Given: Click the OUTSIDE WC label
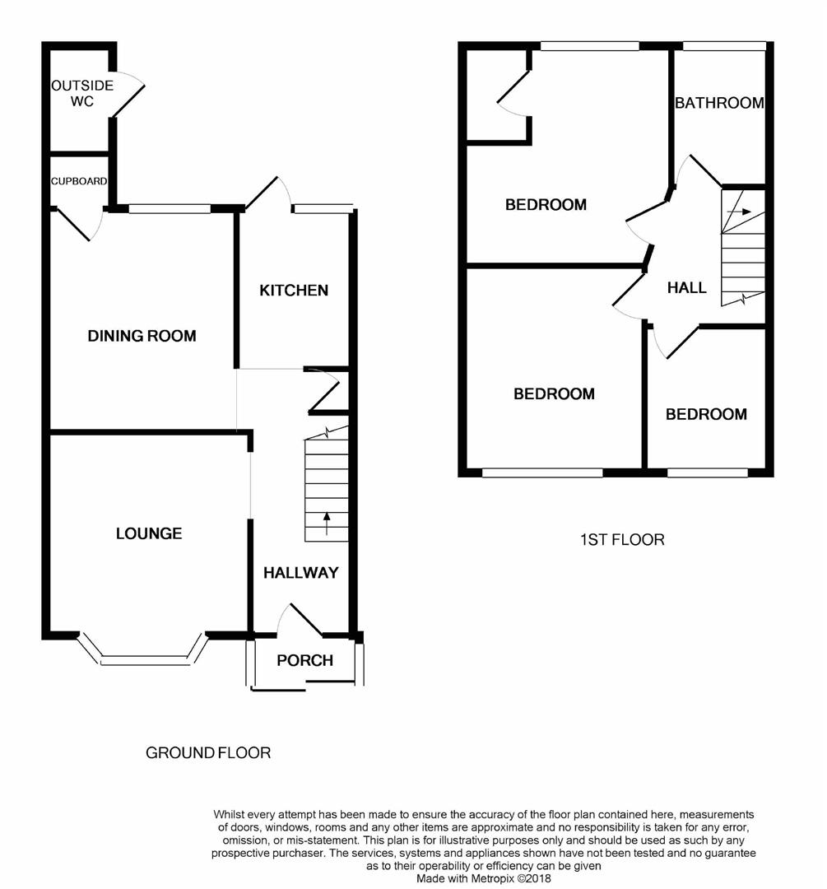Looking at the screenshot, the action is click(x=82, y=94).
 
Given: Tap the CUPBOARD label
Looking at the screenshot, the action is click(x=79, y=181).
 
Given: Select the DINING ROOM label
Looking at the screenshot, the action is click(x=142, y=336).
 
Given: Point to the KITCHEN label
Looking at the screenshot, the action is click(x=294, y=291).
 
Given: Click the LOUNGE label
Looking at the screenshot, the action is click(x=149, y=533).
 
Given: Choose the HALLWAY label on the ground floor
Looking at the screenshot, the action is click(x=301, y=573).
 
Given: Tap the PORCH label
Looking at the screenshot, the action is click(x=305, y=660).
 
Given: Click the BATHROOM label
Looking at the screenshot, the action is click(x=719, y=103).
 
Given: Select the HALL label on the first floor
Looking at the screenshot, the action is click(x=687, y=288).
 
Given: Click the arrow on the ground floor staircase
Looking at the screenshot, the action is click(x=327, y=524).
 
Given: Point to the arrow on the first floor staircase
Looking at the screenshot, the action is click(x=739, y=212).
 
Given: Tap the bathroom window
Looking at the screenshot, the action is click(x=724, y=46).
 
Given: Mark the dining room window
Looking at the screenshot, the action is click(x=170, y=209).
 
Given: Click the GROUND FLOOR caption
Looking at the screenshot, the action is click(x=208, y=753).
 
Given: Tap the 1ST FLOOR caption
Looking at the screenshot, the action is click(x=622, y=540).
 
